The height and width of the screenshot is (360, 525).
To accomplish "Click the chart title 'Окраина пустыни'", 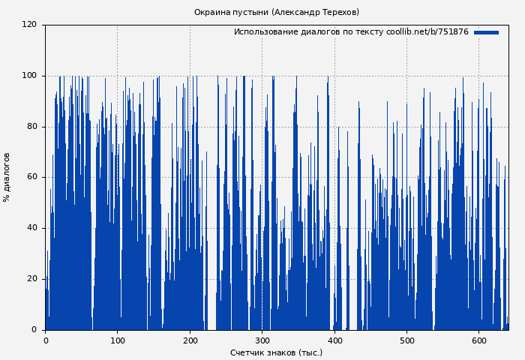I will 231,12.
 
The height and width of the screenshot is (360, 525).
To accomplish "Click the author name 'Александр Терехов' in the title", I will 316,12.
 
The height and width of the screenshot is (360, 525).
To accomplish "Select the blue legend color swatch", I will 486,32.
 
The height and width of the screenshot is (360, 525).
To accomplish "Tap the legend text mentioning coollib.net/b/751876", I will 351,32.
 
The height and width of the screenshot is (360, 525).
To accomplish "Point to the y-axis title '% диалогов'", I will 7,177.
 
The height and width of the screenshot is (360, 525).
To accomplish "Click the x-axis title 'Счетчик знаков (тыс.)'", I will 276,352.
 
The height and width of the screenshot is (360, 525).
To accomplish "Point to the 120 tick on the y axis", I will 29,25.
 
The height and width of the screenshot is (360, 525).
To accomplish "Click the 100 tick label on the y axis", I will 29,76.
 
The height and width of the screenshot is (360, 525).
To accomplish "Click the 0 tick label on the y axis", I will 34,330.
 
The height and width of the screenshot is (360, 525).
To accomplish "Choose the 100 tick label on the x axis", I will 118,340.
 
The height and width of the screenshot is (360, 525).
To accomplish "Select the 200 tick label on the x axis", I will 190,340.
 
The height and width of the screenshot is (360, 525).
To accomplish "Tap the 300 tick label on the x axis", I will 262,340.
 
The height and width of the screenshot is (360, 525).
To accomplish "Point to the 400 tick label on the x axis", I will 334,340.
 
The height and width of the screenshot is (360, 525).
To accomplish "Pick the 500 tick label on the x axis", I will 406,340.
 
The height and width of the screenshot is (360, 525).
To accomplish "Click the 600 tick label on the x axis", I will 478,340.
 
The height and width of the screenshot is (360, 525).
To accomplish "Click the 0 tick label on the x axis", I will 46,340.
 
